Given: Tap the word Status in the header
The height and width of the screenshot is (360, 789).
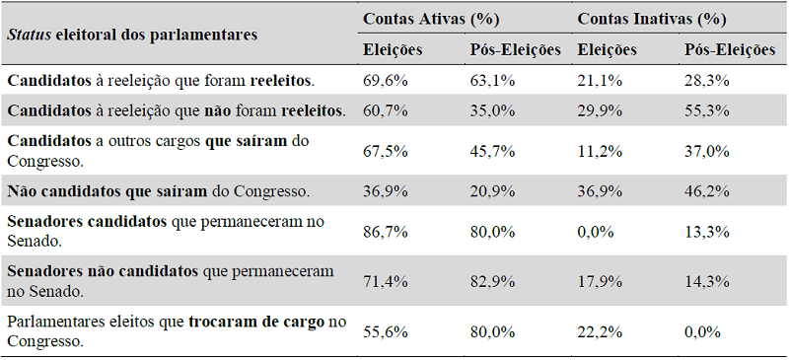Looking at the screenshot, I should point(31,34).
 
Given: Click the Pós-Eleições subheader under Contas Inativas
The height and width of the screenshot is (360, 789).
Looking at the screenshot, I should point(729,50).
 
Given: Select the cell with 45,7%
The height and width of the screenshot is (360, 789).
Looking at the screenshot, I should point(491,150).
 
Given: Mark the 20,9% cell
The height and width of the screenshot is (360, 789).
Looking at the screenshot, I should point(491,190).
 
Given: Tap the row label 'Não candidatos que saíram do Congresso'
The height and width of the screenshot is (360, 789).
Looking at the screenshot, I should point(158,190).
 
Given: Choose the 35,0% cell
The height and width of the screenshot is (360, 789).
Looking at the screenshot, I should point(491,110).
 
